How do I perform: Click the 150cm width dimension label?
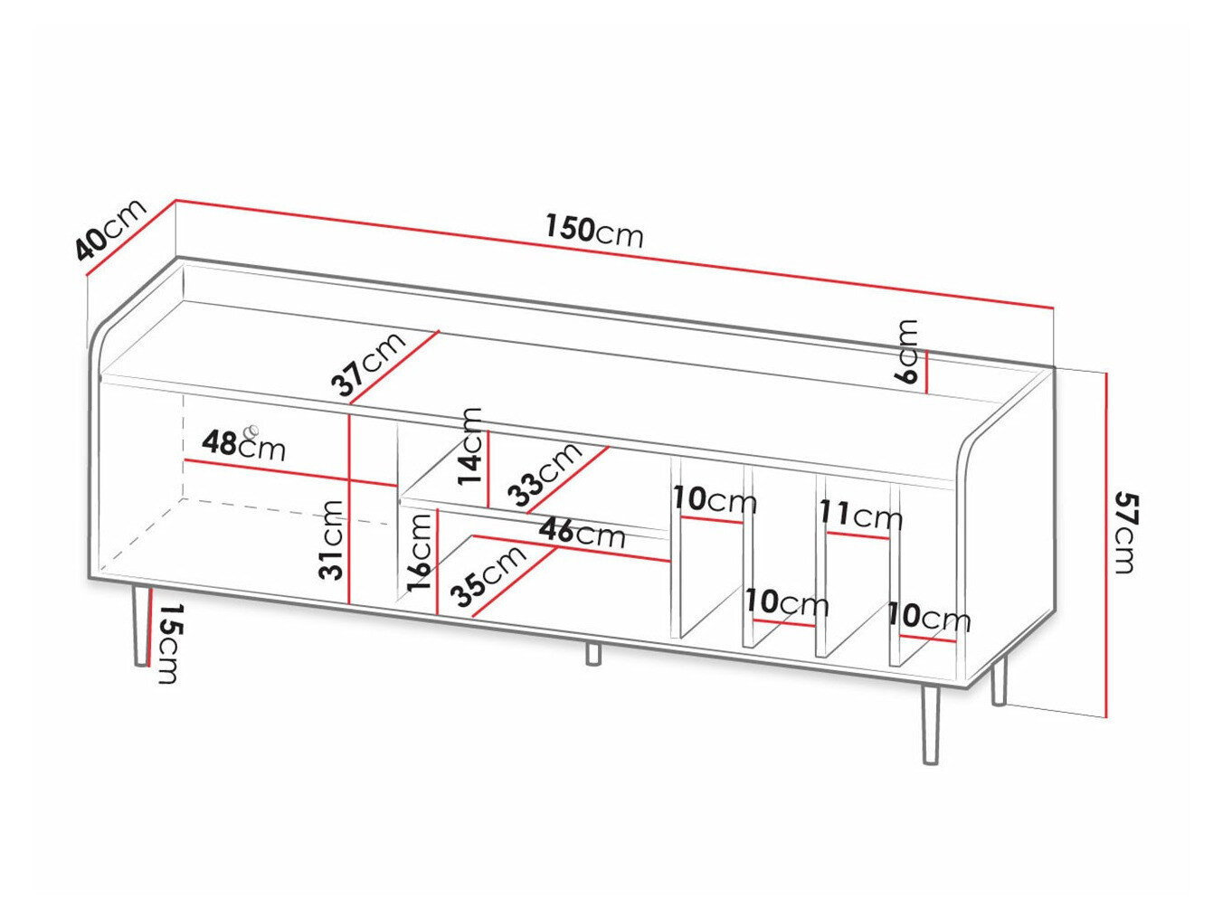pyautogui.click(x=593, y=232)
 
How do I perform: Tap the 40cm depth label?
pyautogui.click(x=109, y=230)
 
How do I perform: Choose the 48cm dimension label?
pyautogui.click(x=242, y=444)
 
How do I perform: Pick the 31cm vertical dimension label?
pyautogui.click(x=332, y=539)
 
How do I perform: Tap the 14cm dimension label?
pyautogui.click(x=471, y=446)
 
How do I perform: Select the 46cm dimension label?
pyautogui.click(x=581, y=533)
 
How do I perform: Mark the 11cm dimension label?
pyautogui.click(x=860, y=516)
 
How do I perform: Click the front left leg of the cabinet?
pyautogui.click(x=140, y=626)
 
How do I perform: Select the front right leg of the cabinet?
pyautogui.click(x=931, y=724)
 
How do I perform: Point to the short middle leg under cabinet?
pyautogui.click(x=592, y=653)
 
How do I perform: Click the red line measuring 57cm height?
pyautogui.click(x=1105, y=543)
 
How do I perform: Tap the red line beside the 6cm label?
pyautogui.click(x=927, y=372)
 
